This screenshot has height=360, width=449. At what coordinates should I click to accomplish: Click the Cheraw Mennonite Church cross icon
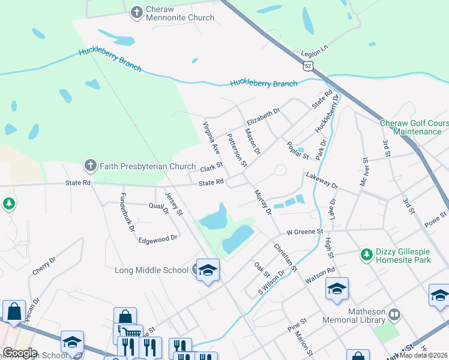pyautogui.click(x=137, y=11)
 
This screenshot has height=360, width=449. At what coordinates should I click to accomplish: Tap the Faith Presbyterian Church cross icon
pyautogui.click(x=90, y=165)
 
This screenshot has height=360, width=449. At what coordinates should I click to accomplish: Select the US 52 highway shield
pyautogui.click(x=308, y=65)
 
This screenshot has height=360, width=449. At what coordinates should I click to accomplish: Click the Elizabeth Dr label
pyautogui.click(x=263, y=116)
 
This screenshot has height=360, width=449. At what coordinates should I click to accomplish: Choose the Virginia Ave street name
pyautogui.click(x=211, y=137)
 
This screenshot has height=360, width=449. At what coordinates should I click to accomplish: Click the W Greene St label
pyautogui.click(x=304, y=231)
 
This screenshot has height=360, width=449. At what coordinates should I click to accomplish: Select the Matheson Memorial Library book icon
pyautogui.click(x=394, y=314)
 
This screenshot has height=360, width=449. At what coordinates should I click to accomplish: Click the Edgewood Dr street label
pyautogui.click(x=158, y=238)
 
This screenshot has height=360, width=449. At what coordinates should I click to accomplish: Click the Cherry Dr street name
pyautogui.click(x=44, y=265)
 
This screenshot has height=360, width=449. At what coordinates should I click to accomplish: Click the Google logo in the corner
pyautogui.click(x=19, y=353)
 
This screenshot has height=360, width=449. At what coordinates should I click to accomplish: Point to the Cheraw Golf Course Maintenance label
pyautogui.click(x=414, y=127)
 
